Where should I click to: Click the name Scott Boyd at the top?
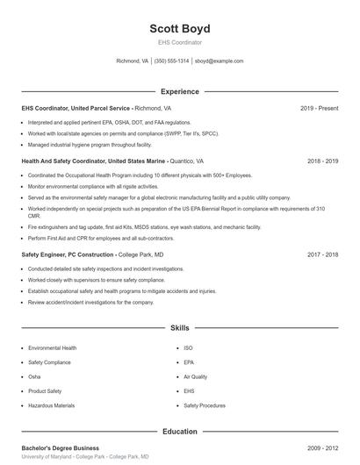pyautogui.click(x=179, y=28)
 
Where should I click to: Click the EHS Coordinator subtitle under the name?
pyautogui.click(x=179, y=42)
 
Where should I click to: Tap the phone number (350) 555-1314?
pyautogui.click(x=172, y=61)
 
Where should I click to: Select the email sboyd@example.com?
pyautogui.click(x=219, y=61)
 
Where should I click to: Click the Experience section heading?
pyautogui.click(x=179, y=91)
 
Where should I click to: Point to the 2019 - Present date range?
pyautogui.click(x=319, y=108)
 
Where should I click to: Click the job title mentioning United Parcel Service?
pyautogui.click(x=77, y=108)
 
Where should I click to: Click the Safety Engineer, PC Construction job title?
pyautogui.click(x=68, y=254)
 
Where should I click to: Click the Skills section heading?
pyautogui.click(x=179, y=327)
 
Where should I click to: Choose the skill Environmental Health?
pyautogui.click(x=52, y=347)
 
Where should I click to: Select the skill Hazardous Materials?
pyautogui.click(x=51, y=405)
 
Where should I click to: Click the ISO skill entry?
pyautogui.click(x=188, y=347)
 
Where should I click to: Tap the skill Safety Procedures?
pyautogui.click(x=204, y=405)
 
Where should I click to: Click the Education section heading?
pyautogui.click(x=179, y=432)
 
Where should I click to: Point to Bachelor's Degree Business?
pyautogui.click(x=61, y=448)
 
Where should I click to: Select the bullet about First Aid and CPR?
pyautogui.click(x=89, y=238)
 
